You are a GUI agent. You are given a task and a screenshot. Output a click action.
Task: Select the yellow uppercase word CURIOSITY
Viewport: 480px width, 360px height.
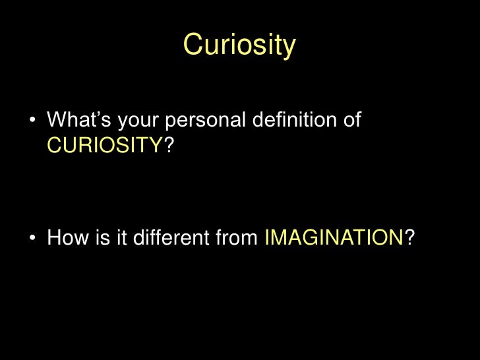105,145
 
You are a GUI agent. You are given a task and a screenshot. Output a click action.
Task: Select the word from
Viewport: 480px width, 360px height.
235,237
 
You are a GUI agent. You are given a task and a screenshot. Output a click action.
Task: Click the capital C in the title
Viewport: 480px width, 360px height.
193,45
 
